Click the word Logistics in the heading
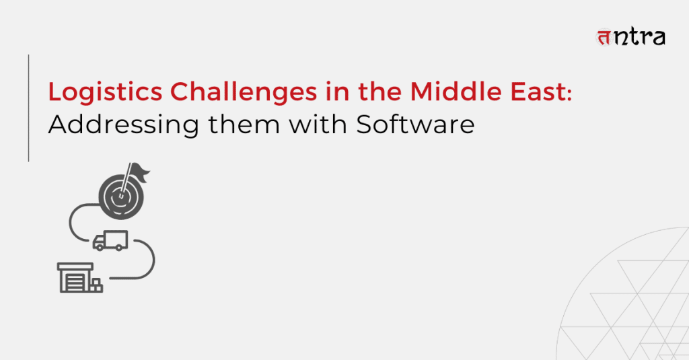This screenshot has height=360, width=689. click(106, 93)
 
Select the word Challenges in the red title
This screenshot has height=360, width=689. click(244, 93)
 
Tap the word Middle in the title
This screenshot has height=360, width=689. click(456, 92)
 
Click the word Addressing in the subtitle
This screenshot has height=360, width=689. click(124, 126)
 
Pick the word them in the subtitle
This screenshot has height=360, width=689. click(244, 124)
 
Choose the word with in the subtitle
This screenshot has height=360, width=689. click(318, 124)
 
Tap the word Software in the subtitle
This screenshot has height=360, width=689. click(415, 124)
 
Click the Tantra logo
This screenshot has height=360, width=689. click(630, 37)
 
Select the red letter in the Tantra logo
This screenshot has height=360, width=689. click(604, 38)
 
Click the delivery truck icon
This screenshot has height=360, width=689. click(110, 241)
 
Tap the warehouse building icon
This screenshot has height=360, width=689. click(75, 278)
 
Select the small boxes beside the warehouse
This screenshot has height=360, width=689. click(97, 285)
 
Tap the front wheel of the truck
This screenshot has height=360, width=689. click(100, 248)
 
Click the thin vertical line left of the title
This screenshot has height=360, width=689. click(28, 108)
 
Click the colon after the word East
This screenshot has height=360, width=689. click(569, 94)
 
